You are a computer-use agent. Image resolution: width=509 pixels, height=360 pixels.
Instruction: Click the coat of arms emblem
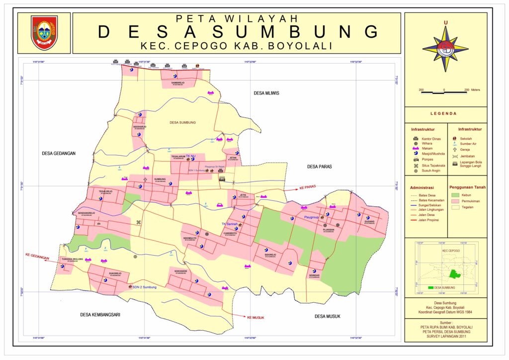coord(45,33)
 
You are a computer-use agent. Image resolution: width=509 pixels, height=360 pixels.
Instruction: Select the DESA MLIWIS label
coord(266,93)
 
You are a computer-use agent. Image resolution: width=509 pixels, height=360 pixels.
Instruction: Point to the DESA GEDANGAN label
coord(59,154)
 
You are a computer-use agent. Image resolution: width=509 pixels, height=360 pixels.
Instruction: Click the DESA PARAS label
coord(319,167)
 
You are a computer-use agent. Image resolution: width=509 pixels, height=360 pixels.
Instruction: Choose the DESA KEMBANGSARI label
coord(100,315)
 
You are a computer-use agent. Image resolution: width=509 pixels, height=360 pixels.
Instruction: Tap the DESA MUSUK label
coord(327,316)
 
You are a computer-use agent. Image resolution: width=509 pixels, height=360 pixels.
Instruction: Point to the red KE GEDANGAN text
coord(37,258)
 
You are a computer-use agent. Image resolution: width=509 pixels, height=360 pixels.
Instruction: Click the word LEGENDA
coord(443,114)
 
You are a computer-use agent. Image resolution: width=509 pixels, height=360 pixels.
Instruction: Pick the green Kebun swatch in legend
coord(454,195)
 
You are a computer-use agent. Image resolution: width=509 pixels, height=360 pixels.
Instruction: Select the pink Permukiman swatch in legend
coord(454,201)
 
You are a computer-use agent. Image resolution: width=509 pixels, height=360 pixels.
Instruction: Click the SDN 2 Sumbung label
coord(144,287)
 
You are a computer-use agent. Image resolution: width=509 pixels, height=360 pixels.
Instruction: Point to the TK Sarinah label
coord(230,224)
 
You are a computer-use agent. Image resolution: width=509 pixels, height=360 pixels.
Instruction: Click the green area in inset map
coord(453,273)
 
